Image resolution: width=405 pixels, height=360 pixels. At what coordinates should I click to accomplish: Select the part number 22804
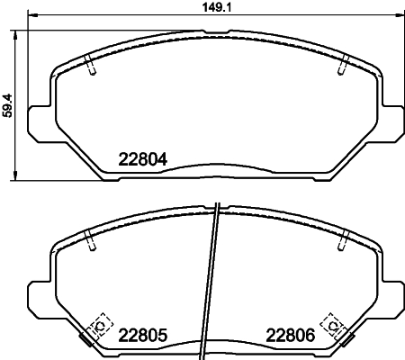[144, 161]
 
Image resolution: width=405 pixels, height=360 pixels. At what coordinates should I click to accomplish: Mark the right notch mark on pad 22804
[342, 67]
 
